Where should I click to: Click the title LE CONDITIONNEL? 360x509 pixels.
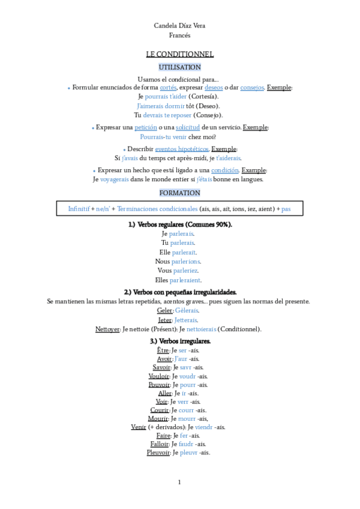tap(179, 54)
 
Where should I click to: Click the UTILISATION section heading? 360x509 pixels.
tap(179, 67)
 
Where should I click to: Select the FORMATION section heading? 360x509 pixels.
tap(179, 193)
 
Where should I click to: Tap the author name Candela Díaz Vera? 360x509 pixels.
tap(179, 25)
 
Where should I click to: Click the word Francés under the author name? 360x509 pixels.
tap(179, 35)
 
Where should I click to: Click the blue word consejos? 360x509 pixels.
tap(252, 88)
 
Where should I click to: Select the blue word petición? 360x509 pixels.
tap(146, 127)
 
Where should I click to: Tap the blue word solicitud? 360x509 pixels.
tap(188, 127)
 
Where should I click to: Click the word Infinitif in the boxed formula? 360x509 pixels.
tap(79, 209)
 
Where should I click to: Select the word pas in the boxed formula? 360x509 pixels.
tap(286, 209)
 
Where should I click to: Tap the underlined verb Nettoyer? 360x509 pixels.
tap(108, 329)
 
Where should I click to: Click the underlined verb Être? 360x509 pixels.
tap(163, 350)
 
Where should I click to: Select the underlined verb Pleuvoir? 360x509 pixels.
tap(159, 453)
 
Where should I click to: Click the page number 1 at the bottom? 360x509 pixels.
tap(179, 482)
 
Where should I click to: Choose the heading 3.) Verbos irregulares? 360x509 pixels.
tap(179, 341)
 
